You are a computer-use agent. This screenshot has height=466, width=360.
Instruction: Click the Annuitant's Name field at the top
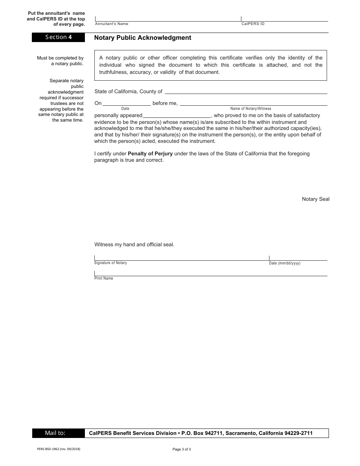[x=168, y=19]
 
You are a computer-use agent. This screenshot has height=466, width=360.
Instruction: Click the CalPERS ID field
[x=284, y=19]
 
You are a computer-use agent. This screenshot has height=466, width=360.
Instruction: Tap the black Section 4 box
[x=58, y=37]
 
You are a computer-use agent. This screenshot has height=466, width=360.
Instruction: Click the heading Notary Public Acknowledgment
[x=142, y=38]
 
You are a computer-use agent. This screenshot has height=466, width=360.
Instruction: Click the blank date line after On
[x=127, y=103]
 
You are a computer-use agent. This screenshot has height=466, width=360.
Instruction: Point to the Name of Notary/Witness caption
[x=250, y=109]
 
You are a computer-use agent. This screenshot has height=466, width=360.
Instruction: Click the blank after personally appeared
[x=177, y=116]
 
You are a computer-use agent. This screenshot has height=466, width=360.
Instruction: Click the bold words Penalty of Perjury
[x=150, y=154]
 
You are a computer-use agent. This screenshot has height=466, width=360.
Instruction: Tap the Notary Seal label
[x=315, y=199]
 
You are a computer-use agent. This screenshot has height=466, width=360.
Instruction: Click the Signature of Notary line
[x=181, y=258]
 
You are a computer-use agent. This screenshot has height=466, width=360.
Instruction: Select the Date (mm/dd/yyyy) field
[x=298, y=258]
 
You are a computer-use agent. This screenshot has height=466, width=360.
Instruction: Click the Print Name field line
[x=210, y=274]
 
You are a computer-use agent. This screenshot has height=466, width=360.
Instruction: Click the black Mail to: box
[x=58, y=433]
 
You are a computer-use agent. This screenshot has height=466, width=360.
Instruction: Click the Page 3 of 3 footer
[x=182, y=449]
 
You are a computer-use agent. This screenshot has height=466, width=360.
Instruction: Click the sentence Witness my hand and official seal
[x=134, y=245]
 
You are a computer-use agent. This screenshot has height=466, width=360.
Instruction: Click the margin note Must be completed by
[x=60, y=58]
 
